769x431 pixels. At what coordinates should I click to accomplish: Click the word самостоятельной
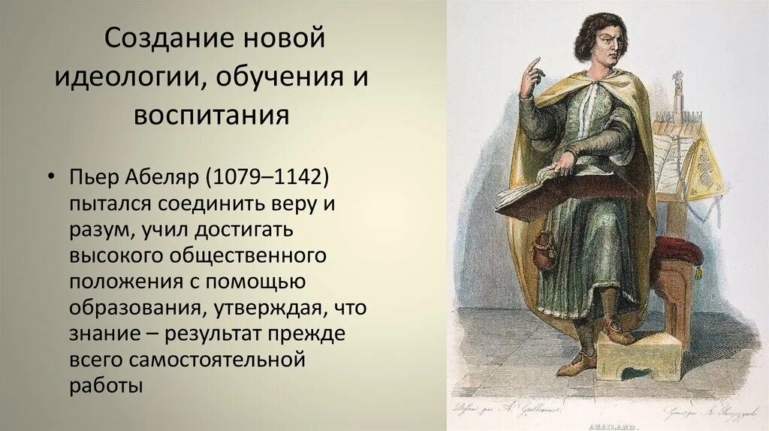218,360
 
